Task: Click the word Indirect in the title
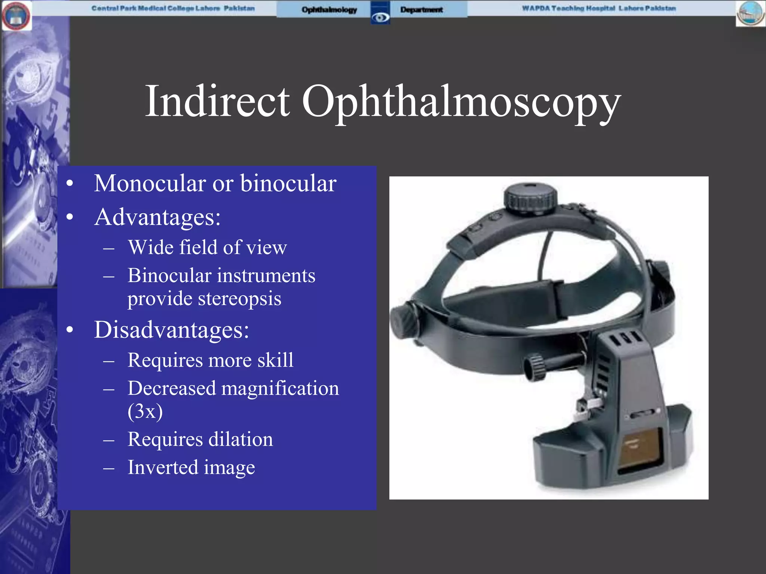coord(217,101)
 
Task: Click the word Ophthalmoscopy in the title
coord(461,102)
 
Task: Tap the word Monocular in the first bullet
coord(150,183)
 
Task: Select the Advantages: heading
coord(157,217)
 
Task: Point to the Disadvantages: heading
coord(171,330)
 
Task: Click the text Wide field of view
coord(207,247)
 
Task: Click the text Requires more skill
coord(210,360)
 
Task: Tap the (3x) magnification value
coord(145,411)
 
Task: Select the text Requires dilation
coord(200,439)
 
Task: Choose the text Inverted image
coord(191,467)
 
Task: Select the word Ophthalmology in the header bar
coord(329,10)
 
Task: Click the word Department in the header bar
coord(421,10)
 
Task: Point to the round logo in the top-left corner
coord(16,16)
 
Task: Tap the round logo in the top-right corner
coord(751,14)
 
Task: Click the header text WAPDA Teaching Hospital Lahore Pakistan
coord(599,8)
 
